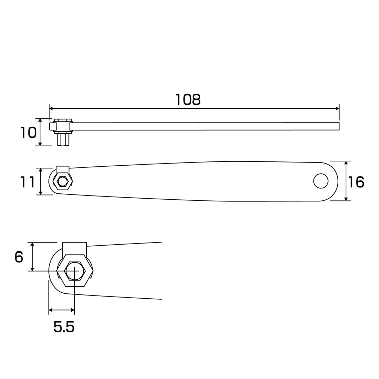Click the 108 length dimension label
click(188, 100)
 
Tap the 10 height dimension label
click(28, 133)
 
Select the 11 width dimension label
click(27, 182)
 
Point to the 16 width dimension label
click(356, 182)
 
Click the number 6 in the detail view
click(19, 257)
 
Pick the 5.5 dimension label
click(64, 327)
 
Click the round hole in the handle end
click(321, 181)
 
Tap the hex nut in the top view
click(62, 181)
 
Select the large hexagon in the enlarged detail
click(75, 271)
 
